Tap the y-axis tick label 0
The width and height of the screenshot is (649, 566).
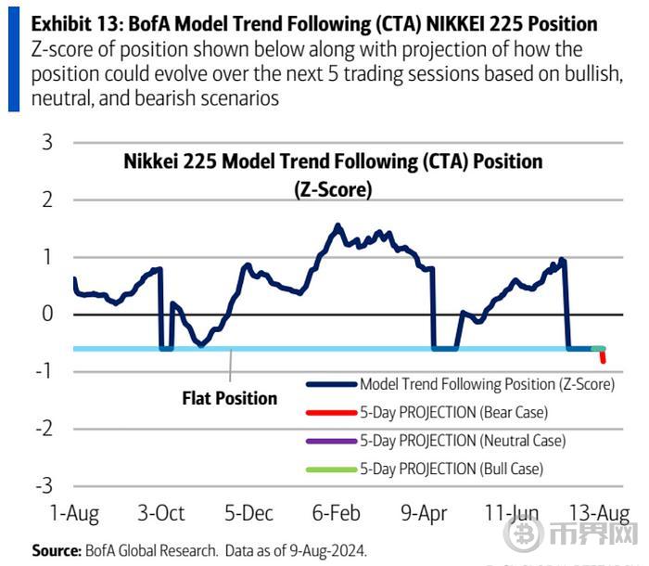click(x=46, y=315)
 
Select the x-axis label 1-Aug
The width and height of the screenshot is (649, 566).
click(x=73, y=513)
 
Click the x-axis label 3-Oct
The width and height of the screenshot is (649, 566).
click(x=161, y=513)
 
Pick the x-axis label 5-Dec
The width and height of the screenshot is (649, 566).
click(x=248, y=513)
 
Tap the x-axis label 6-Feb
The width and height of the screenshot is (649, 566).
click(x=337, y=513)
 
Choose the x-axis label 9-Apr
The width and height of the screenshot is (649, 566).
click(x=425, y=513)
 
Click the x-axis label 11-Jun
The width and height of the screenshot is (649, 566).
click(x=513, y=513)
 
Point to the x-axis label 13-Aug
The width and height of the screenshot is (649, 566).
click(x=600, y=513)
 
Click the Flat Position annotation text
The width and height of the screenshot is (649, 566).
click(x=229, y=398)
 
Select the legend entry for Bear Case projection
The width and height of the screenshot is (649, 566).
click(x=453, y=412)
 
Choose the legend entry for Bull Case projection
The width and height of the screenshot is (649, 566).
click(x=452, y=470)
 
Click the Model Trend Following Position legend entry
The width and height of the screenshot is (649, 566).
click(x=487, y=383)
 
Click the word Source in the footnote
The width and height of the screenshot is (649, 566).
click(x=55, y=550)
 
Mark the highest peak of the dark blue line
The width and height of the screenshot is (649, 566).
click(x=337, y=225)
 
